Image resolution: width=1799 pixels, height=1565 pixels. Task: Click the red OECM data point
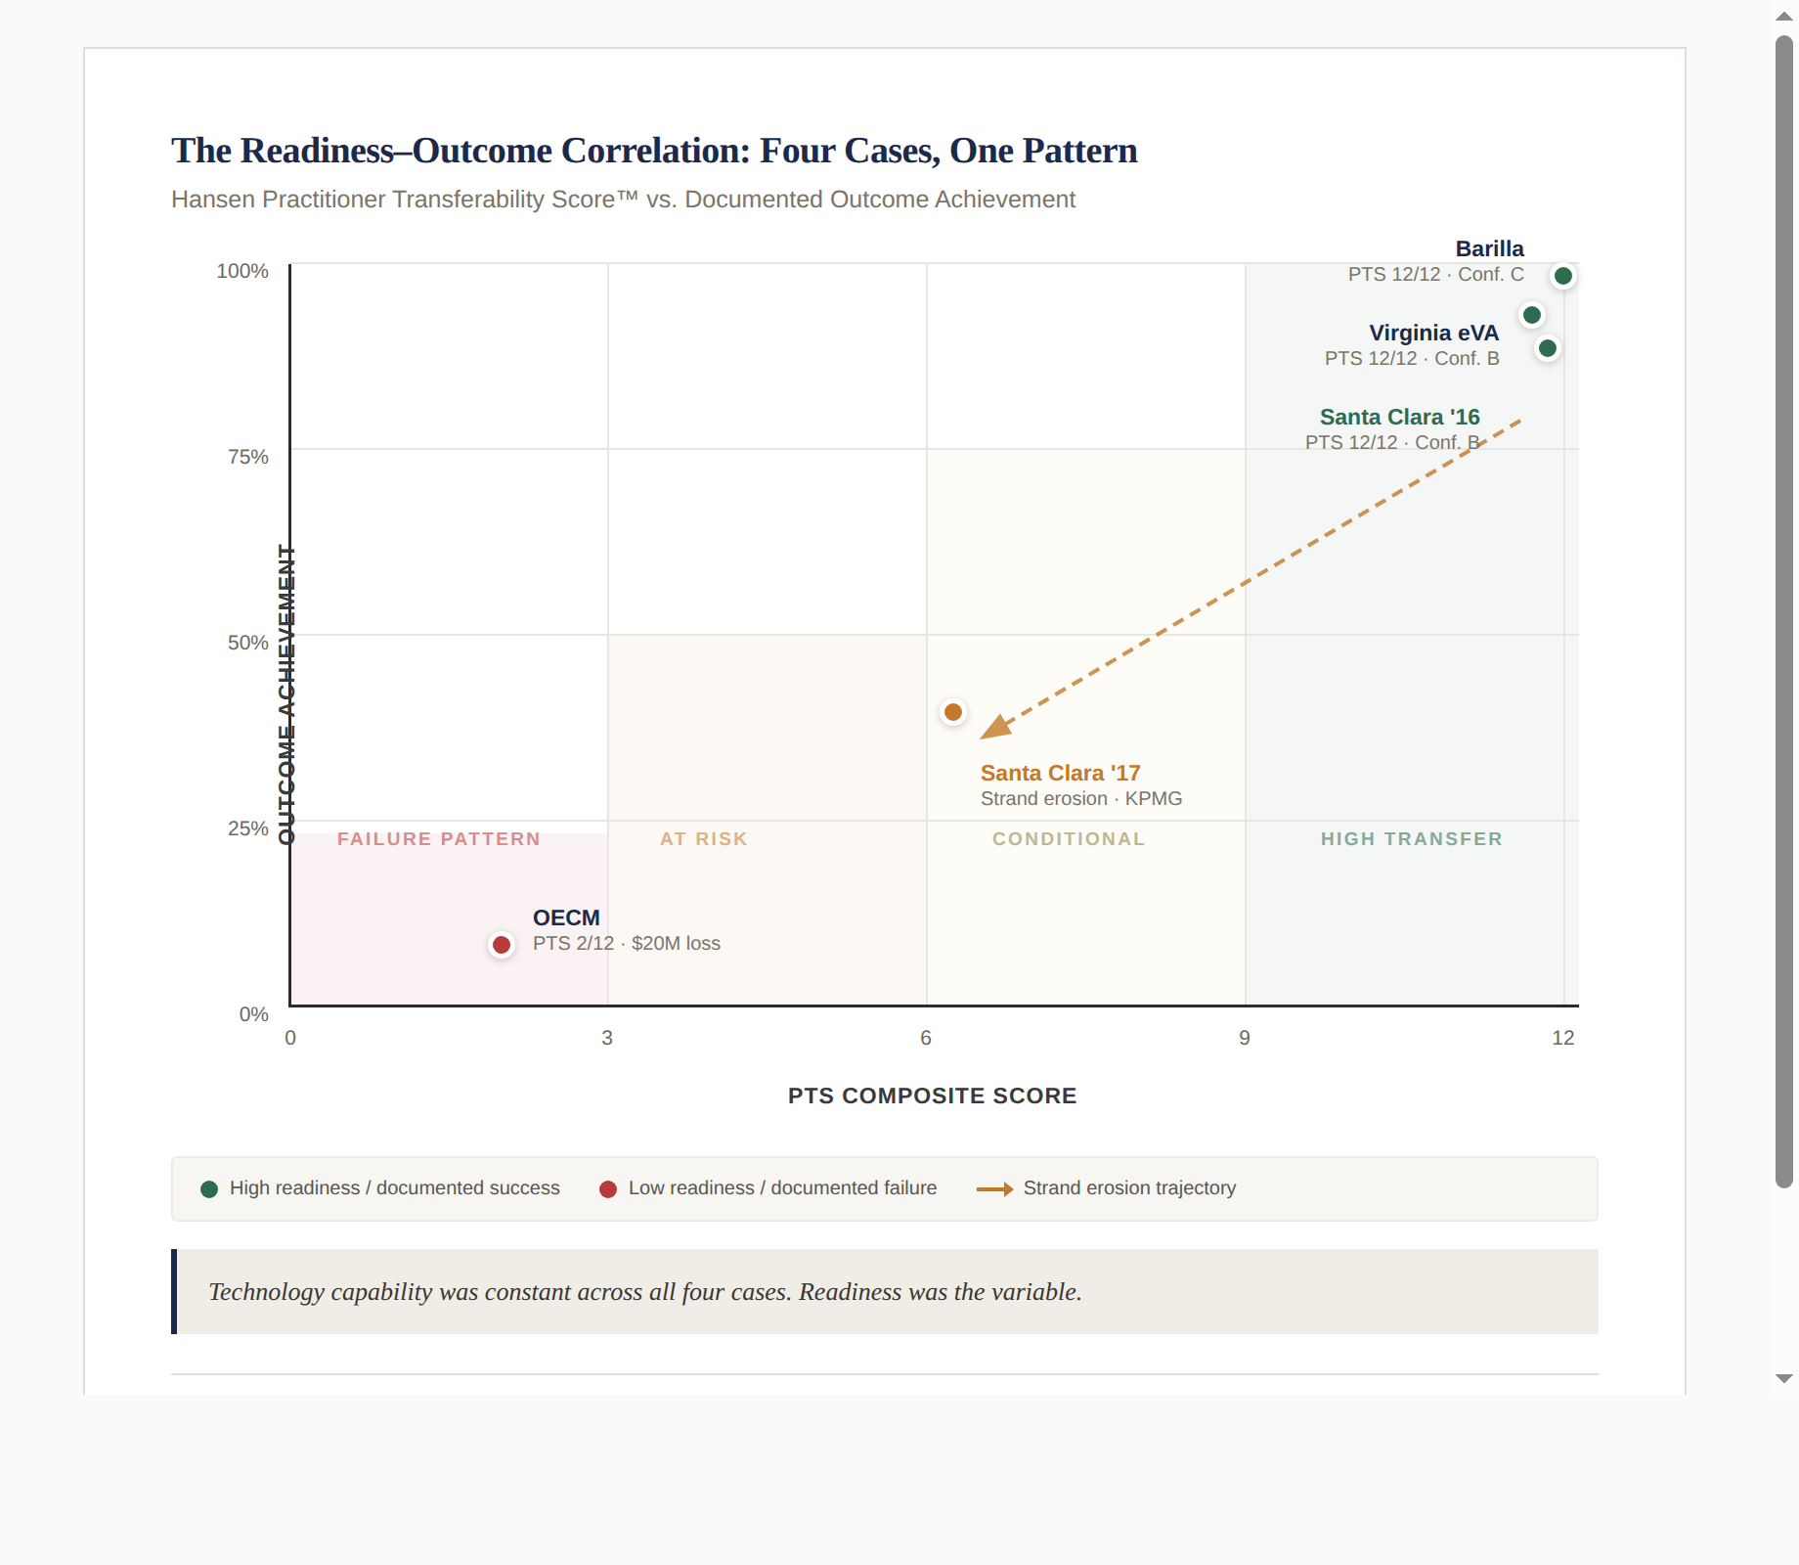[502, 945]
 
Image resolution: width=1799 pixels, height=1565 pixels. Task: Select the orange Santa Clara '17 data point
[953, 712]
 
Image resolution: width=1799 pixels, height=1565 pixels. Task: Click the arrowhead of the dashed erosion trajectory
[994, 727]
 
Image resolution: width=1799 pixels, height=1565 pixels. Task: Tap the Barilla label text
[1489, 248]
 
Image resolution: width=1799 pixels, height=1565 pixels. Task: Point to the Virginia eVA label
[1433, 333]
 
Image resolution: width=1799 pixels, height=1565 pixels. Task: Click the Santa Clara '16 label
[1399, 417]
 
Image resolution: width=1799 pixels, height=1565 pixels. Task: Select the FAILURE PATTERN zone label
[438, 839]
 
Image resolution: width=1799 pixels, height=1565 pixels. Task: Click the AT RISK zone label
[703, 839]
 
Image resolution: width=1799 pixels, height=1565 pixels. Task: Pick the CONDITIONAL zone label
[1068, 839]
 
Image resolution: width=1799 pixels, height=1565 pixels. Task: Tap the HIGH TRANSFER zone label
[1411, 839]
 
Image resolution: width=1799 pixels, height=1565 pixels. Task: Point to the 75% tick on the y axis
[248, 457]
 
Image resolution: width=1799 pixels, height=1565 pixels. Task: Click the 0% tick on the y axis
[254, 1014]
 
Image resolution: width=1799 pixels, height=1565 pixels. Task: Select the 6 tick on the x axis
[926, 1038]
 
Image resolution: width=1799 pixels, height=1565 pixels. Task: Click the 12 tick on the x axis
[1562, 1038]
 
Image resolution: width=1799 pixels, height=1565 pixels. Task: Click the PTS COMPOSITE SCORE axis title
[932, 1095]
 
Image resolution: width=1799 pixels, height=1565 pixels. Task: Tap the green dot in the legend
[209, 1189]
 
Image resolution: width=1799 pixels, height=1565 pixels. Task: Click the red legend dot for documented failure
[608, 1189]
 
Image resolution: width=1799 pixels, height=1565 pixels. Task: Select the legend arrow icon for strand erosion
[994, 1189]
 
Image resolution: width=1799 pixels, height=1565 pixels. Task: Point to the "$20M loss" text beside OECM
[676, 944]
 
